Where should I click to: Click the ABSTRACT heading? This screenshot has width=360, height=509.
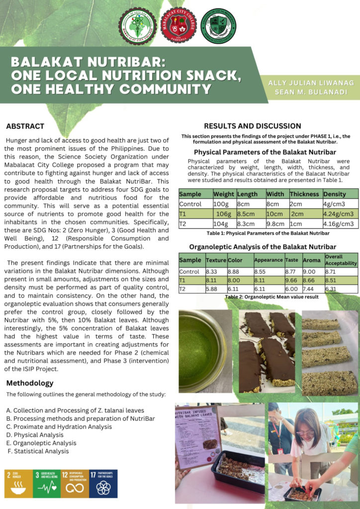25,126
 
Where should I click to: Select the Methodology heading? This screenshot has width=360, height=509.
29,383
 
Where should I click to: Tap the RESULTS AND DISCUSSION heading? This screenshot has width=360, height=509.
252,126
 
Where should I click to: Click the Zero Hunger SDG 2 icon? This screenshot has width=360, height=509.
18,483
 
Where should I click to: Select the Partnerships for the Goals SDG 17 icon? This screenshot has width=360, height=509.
103,483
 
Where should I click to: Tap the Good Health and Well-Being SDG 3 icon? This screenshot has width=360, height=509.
46,483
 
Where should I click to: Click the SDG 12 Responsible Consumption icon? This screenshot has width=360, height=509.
75,483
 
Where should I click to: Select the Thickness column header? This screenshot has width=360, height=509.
304,194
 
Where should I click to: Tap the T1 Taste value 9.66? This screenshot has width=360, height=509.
291,280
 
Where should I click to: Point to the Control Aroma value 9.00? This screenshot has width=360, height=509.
309,272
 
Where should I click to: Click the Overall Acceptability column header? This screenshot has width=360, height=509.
341,259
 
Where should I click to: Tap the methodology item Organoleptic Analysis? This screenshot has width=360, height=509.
38,443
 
